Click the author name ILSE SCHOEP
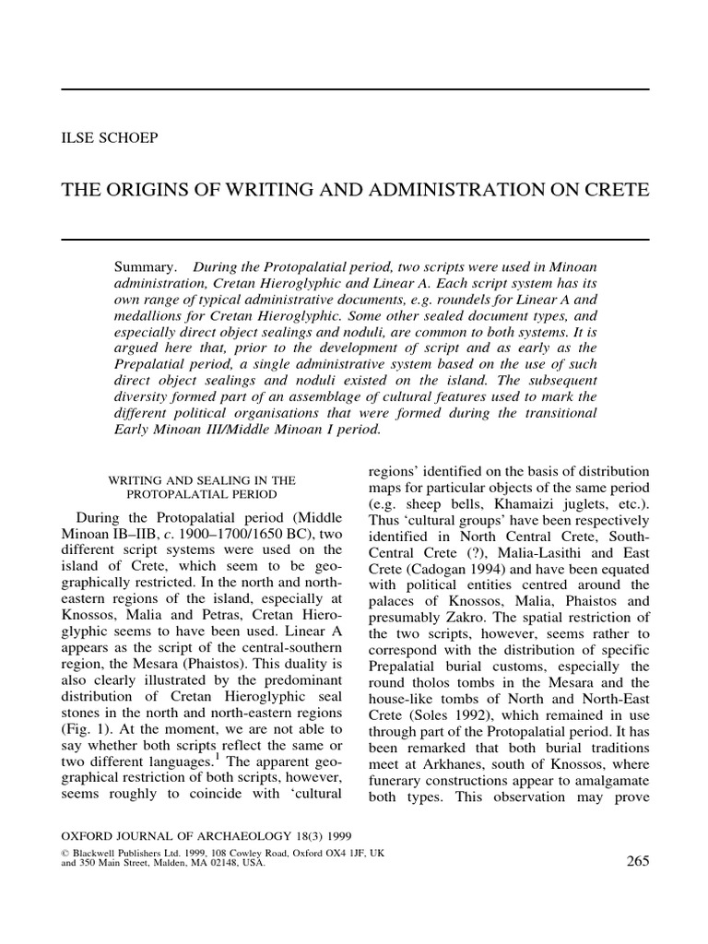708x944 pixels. click(x=109, y=138)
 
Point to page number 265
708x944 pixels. click(x=637, y=861)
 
